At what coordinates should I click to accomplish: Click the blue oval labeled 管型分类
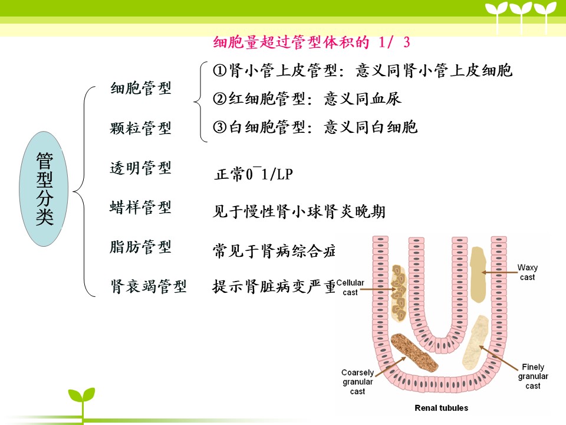tap(44, 189)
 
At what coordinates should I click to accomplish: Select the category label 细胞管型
tap(141, 88)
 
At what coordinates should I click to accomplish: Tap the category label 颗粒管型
tap(141, 128)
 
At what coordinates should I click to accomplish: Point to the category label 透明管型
tap(141, 168)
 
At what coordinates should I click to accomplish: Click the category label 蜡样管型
tap(141, 207)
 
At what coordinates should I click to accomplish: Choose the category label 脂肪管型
tap(141, 247)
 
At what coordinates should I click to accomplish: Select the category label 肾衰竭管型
tap(149, 287)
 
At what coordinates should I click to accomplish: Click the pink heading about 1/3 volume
tap(311, 42)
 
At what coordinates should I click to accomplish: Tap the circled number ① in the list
tap(219, 70)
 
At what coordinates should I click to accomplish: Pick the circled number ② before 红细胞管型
tap(219, 99)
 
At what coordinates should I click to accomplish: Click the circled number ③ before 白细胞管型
tap(219, 127)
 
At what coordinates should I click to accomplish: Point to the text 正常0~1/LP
tap(254, 174)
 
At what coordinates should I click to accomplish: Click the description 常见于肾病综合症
tap(274, 251)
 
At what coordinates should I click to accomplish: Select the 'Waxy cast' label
tap(527, 272)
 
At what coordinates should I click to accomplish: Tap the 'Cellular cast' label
tap(350, 287)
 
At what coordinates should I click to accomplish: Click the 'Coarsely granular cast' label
tap(357, 382)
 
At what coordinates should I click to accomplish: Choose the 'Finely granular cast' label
tap(533, 376)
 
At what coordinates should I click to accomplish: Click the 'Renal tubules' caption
tap(441, 408)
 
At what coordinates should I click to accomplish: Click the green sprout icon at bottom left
tap(82, 401)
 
